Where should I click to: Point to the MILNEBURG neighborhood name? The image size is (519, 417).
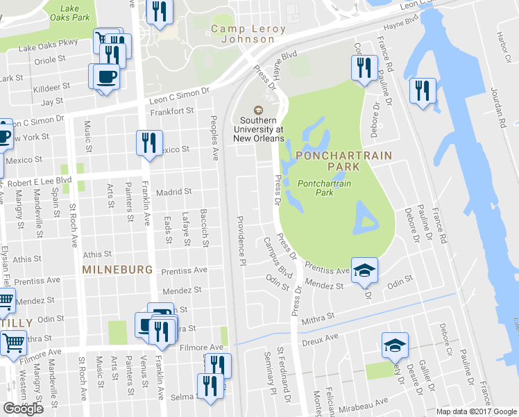[x=113, y=268]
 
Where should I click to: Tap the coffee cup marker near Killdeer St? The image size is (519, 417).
[x=105, y=75]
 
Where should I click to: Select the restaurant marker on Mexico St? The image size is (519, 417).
[x=149, y=142]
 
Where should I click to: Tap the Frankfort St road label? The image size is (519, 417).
[x=172, y=111]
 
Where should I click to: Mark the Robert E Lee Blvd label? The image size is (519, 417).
[x=40, y=182]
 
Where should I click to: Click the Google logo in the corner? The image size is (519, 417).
[x=24, y=409]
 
